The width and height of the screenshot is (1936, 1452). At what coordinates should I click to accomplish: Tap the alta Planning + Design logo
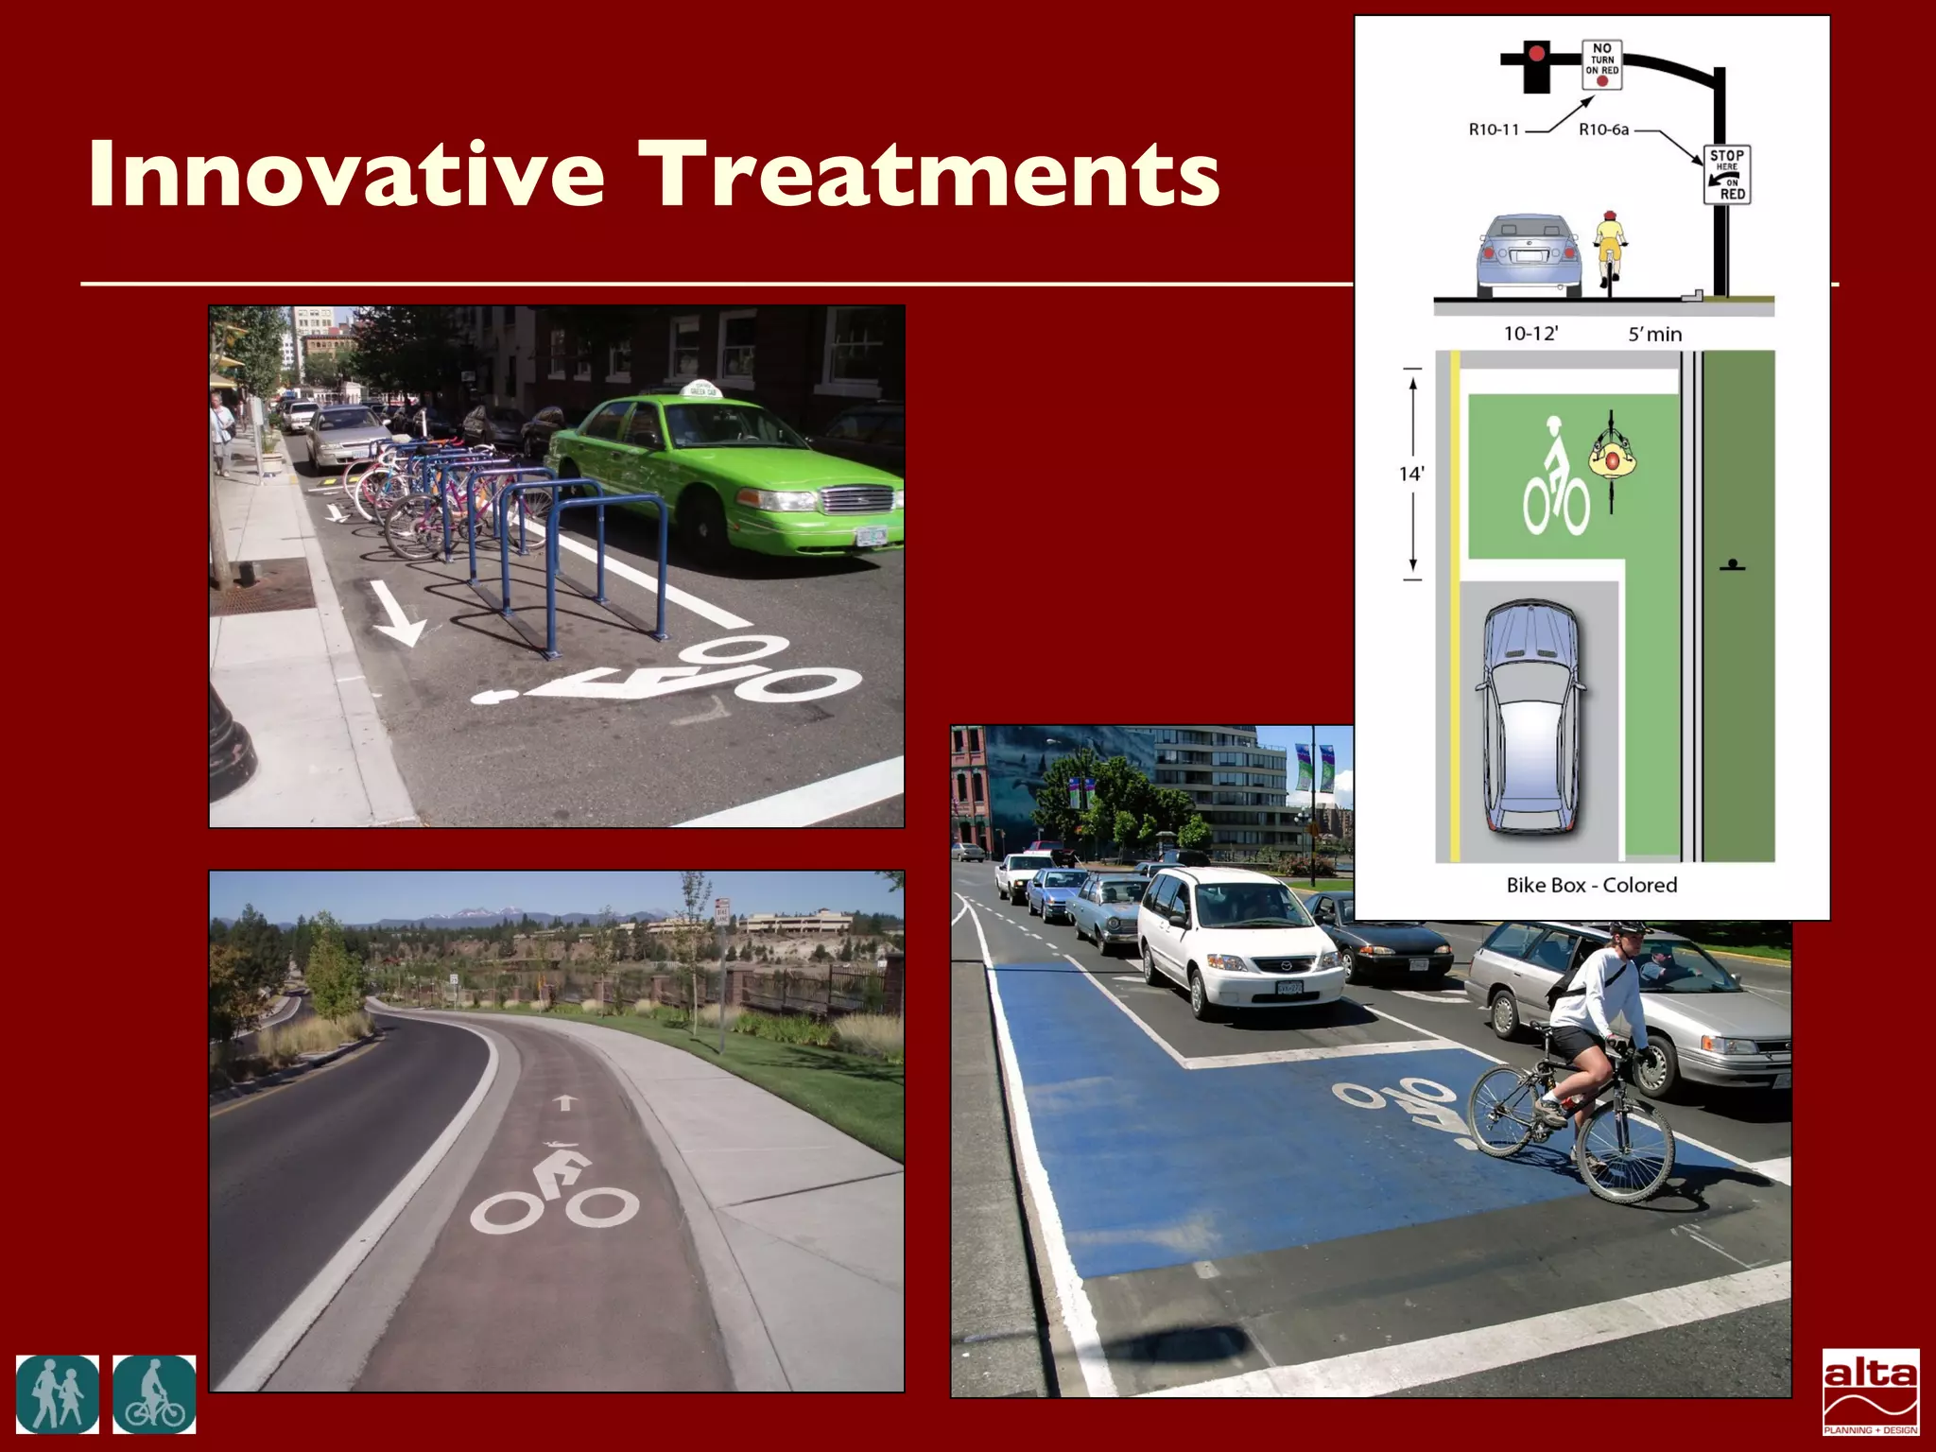(x=1870, y=1391)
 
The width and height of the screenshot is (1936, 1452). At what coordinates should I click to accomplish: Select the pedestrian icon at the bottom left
(x=57, y=1394)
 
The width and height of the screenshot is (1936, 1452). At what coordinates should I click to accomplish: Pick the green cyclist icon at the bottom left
(x=154, y=1394)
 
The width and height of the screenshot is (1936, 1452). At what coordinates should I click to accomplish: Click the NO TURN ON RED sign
(x=1601, y=64)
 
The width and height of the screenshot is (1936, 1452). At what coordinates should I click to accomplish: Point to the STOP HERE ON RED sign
(x=1726, y=175)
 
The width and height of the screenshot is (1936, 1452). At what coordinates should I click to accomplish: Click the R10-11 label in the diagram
(x=1494, y=130)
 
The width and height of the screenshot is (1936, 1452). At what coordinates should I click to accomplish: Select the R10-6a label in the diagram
(x=1603, y=130)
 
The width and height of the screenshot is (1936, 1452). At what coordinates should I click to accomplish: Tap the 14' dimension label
(x=1411, y=474)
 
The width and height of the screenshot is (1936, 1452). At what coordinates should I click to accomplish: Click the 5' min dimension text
(x=1654, y=334)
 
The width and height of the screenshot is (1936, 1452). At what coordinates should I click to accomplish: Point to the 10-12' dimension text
(x=1530, y=334)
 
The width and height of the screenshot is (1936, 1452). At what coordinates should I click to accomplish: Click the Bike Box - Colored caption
(x=1592, y=885)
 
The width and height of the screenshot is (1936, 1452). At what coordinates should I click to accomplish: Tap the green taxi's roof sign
(x=701, y=389)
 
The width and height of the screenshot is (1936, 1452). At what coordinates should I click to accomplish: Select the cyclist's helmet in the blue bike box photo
(x=1632, y=929)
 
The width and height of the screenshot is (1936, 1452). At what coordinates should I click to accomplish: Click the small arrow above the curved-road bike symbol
(x=564, y=1102)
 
